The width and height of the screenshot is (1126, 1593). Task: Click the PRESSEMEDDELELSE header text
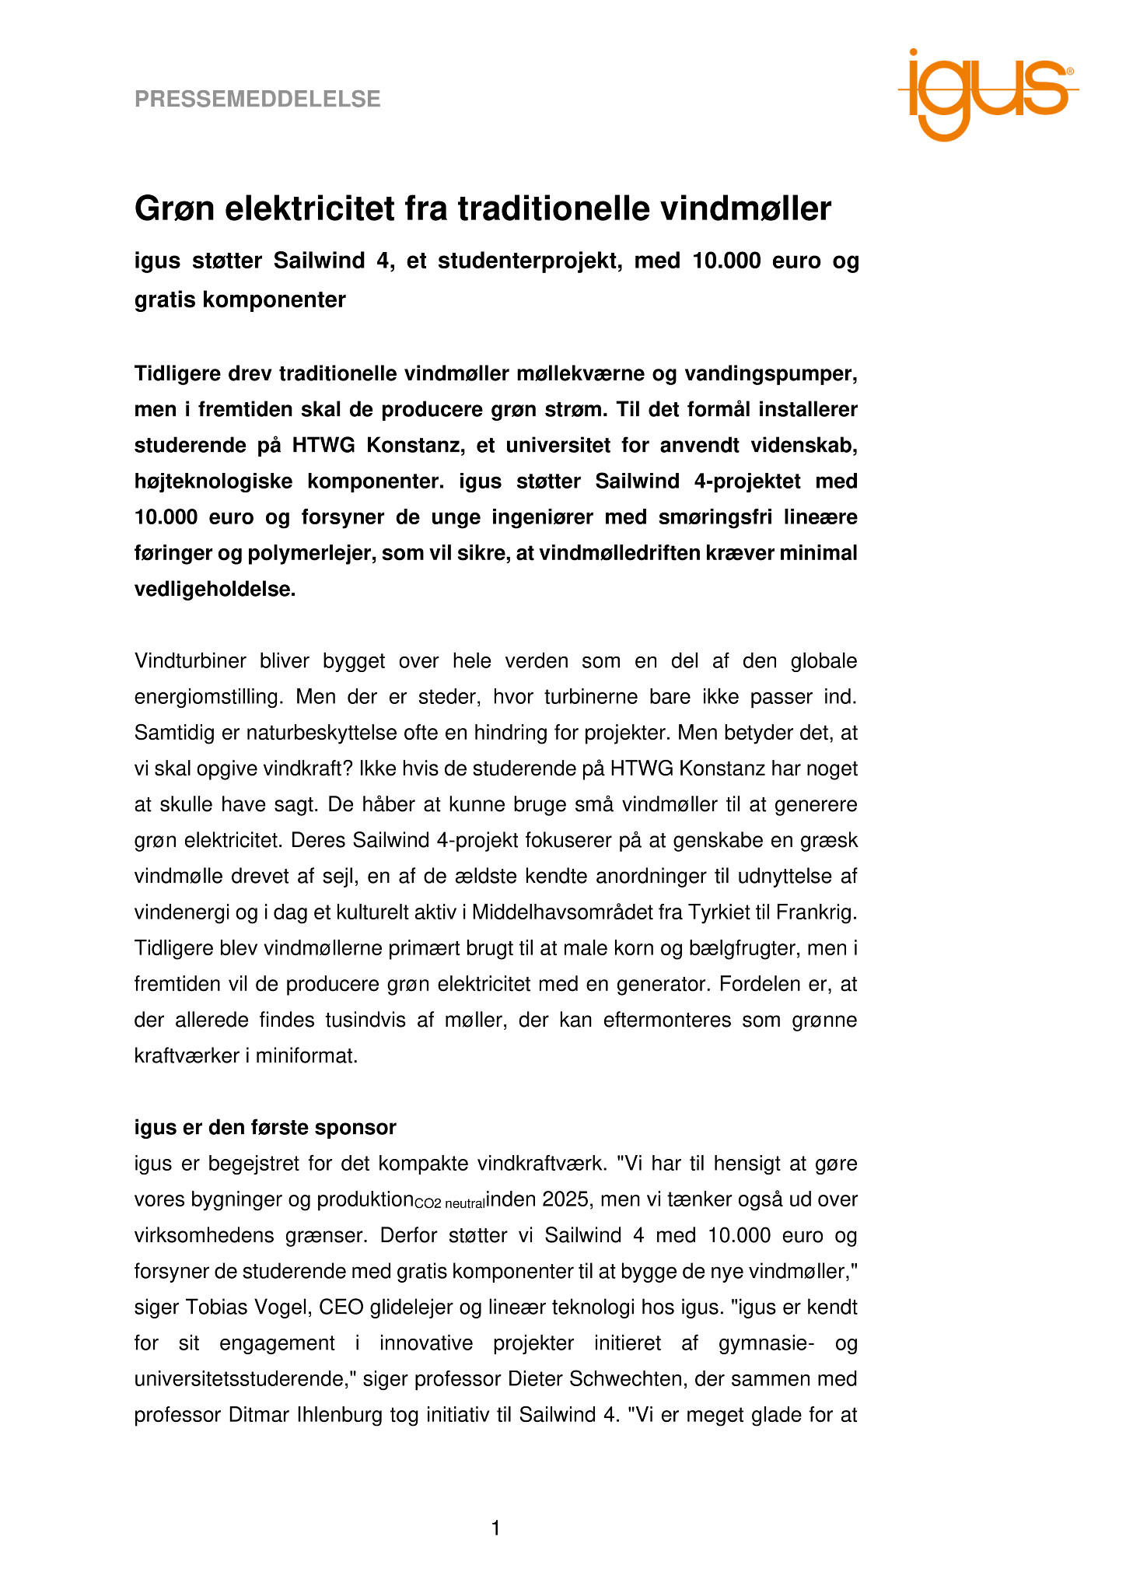click(257, 100)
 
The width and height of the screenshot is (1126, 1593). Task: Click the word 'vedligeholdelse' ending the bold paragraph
click(215, 590)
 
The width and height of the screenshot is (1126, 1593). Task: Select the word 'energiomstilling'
click(209, 697)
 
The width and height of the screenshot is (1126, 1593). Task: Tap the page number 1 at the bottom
click(495, 1529)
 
